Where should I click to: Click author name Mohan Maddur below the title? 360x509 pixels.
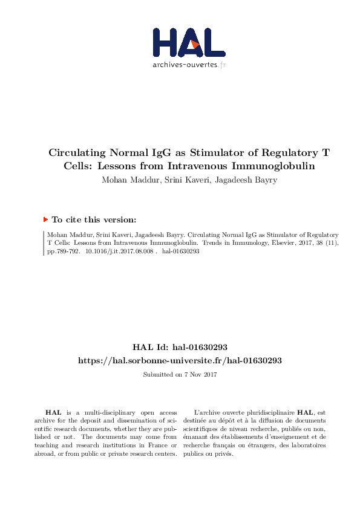[128, 180]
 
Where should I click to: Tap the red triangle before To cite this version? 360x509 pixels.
[45, 220]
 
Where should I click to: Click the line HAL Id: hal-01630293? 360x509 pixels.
[180, 347]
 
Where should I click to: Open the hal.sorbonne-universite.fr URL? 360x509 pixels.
[180, 360]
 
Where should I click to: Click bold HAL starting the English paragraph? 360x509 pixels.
[53, 412]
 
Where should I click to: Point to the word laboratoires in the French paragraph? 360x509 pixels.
[309, 446]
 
